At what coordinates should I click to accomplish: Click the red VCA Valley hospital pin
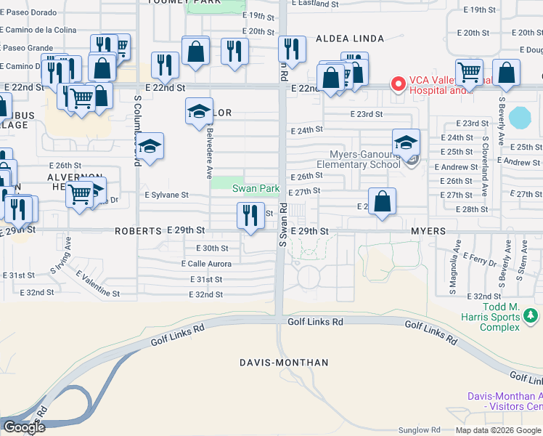(398, 84)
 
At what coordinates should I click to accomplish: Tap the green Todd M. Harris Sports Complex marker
(531, 315)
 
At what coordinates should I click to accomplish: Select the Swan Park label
(256, 188)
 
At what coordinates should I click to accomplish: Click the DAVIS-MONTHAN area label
(284, 362)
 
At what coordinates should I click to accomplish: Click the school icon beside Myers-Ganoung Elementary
(406, 141)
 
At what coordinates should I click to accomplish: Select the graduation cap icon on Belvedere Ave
(200, 111)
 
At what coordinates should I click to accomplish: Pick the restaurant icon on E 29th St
(250, 215)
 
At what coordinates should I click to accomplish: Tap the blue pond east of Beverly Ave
(520, 116)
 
